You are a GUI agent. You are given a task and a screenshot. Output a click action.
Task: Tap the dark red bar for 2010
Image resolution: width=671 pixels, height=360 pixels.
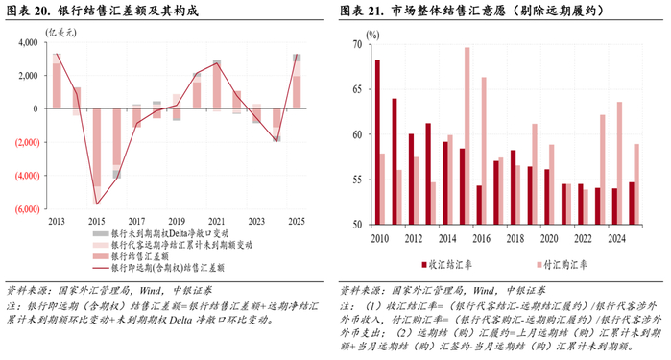377,142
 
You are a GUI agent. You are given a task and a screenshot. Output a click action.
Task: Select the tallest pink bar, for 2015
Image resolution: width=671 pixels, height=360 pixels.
467,135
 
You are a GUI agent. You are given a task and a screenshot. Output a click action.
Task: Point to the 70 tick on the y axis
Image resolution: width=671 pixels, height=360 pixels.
357,45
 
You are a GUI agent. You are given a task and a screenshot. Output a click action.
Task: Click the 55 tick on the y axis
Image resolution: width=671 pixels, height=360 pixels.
357,180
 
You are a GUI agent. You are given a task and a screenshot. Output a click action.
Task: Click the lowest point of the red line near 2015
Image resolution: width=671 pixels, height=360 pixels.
96,204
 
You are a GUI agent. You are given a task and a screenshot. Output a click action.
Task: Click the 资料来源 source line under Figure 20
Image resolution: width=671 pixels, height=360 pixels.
96,288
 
